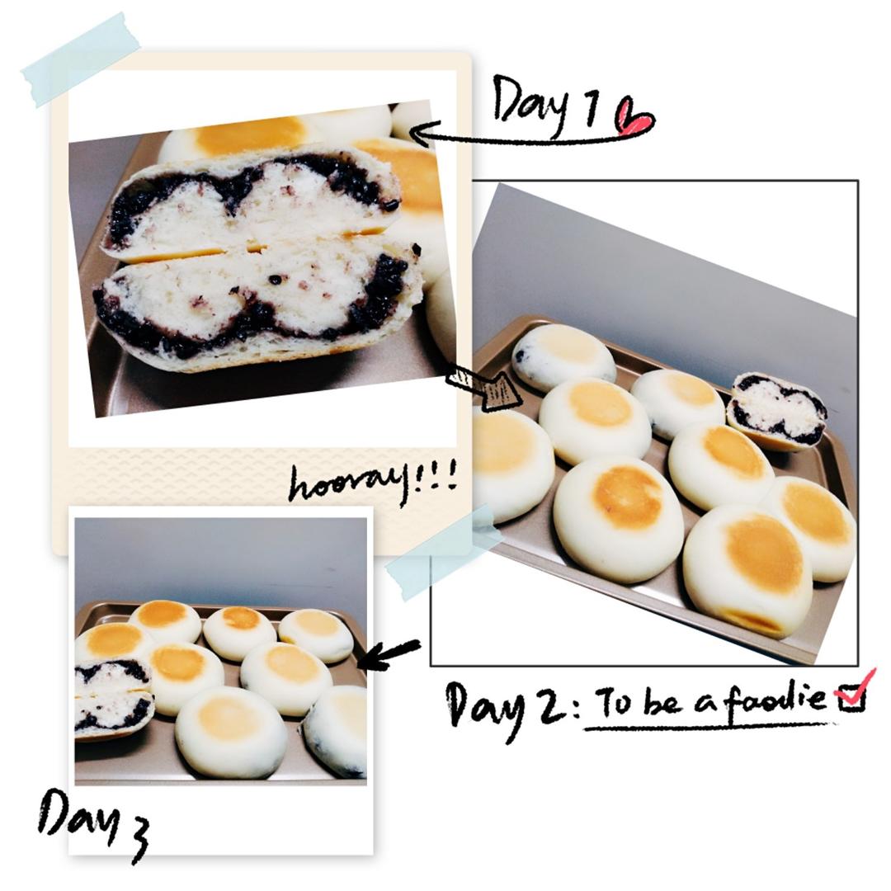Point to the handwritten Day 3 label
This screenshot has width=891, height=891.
[94, 824]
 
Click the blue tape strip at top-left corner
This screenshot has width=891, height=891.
[79, 59]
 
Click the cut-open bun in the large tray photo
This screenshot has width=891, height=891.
[777, 411]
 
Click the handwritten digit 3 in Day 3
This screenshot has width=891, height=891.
[135, 840]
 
